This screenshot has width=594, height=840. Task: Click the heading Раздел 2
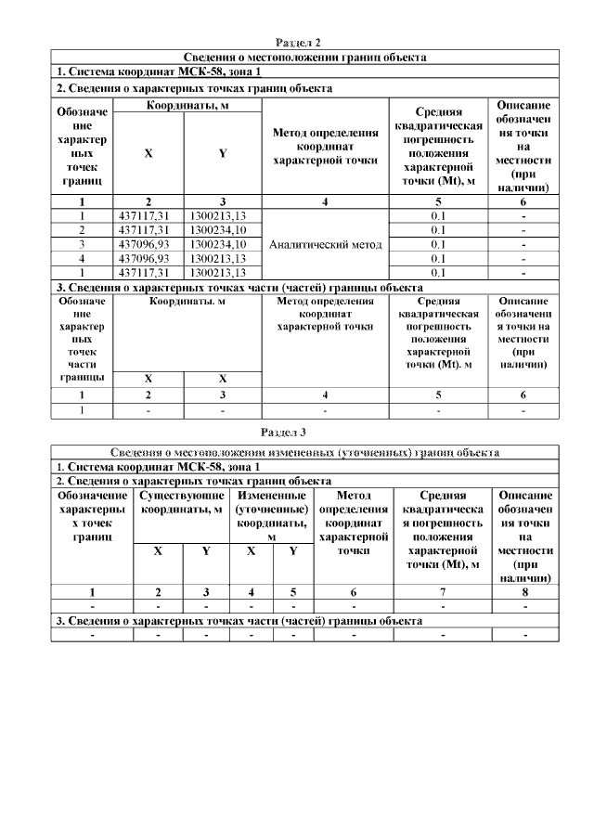click(x=297, y=43)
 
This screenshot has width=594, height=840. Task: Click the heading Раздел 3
click(x=297, y=432)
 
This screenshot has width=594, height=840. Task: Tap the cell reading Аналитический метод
click(x=324, y=245)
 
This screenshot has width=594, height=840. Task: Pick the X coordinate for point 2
click(x=148, y=230)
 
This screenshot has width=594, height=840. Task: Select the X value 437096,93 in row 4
click(x=148, y=258)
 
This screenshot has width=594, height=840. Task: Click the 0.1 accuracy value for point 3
click(x=439, y=244)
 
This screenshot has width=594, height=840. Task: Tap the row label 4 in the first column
click(x=82, y=258)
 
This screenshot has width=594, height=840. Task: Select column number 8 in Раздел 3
click(x=525, y=592)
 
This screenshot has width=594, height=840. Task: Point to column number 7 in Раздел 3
click(x=442, y=592)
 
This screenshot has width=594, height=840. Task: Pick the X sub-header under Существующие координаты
click(x=158, y=550)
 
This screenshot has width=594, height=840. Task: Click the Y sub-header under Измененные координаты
click(x=293, y=550)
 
